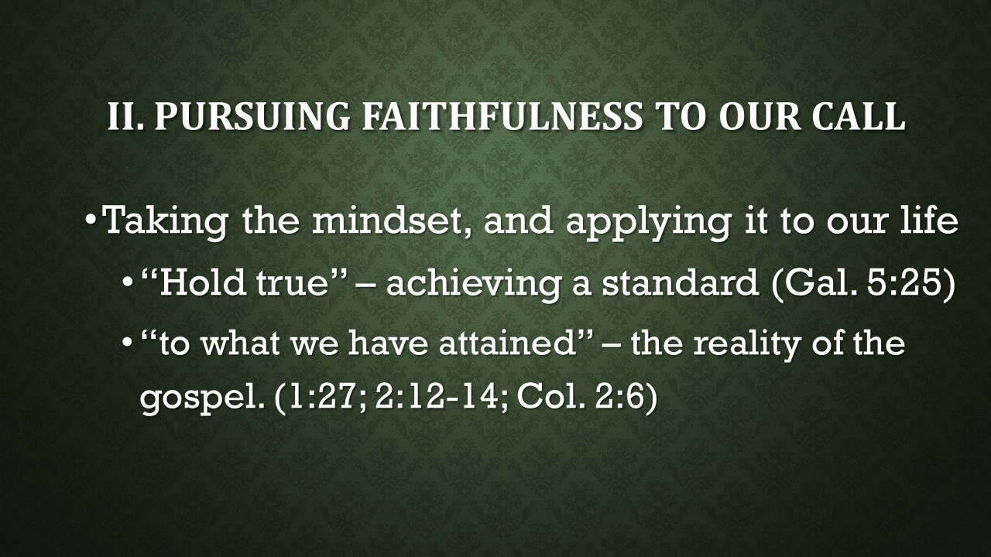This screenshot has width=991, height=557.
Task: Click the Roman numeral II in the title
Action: tap(125, 116)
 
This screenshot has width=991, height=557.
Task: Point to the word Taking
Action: tap(165, 222)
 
